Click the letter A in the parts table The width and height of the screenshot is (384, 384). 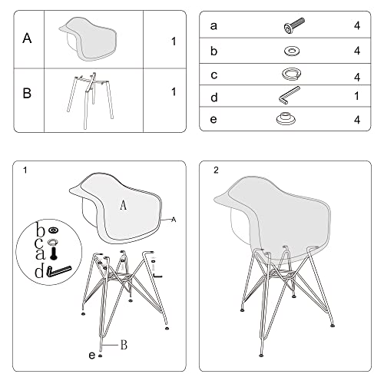click(28, 38)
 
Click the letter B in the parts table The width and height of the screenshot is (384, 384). click(28, 94)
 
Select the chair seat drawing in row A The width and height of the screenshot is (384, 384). click(91, 36)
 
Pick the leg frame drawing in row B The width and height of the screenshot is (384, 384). click(91, 93)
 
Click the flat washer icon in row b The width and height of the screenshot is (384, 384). click(292, 51)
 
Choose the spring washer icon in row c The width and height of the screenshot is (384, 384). click(292, 75)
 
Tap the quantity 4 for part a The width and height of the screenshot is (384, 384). click(357, 27)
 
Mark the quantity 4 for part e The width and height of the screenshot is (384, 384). click(357, 121)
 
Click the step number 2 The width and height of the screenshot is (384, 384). click(216, 170)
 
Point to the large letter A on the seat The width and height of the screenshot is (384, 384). click(123, 205)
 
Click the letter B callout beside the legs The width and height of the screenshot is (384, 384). click(122, 345)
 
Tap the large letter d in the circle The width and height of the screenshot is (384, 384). click(38, 270)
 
